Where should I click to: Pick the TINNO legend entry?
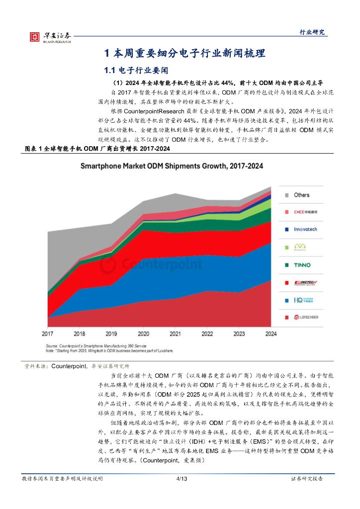pos(301,264)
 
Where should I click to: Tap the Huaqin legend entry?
pos(301,300)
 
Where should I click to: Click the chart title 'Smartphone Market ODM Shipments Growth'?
pos(172,166)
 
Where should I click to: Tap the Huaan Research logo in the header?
pos(50,36)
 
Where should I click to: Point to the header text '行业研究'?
pos(312,32)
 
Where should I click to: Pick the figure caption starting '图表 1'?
pos(97,149)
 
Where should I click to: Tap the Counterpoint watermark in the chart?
pos(152,264)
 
